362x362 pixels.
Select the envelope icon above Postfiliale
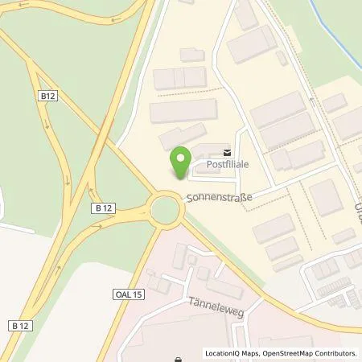(x=226, y=151)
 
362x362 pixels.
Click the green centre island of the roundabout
(x=166, y=211)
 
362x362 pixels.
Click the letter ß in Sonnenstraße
(x=236, y=196)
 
